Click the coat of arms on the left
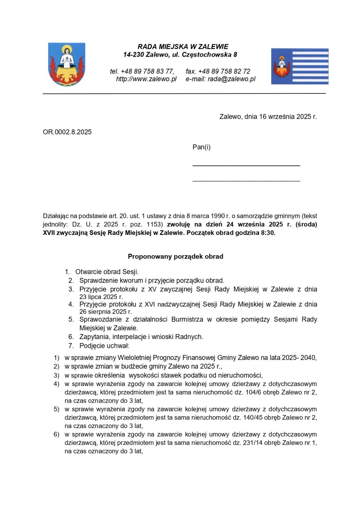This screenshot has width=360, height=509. pos(67,65)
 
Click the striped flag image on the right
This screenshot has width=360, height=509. pos(299,66)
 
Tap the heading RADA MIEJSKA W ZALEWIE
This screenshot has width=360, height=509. pos(183,47)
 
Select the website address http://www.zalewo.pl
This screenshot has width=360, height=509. pos(146,79)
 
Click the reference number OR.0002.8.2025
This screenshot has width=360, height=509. pos(67,132)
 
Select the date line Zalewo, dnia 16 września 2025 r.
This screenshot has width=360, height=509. pos(268,117)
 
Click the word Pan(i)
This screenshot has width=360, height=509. pos(201,147)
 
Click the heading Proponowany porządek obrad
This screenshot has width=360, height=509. pos(175,256)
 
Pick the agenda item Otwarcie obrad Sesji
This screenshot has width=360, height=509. pos(107,272)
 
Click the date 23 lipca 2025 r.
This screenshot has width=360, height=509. pos(101,297)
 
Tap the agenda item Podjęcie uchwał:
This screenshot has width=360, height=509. pos(104,345)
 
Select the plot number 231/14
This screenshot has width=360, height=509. pos(252,443)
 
